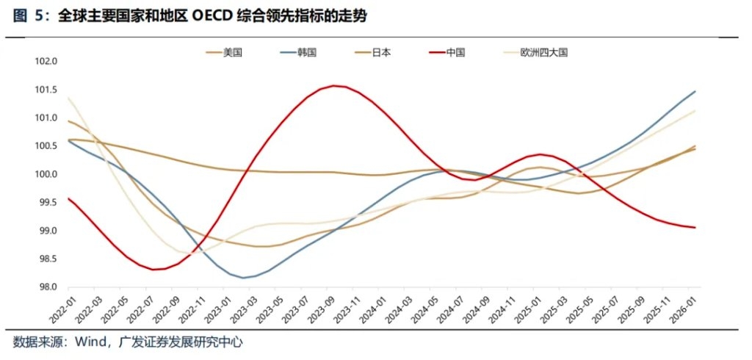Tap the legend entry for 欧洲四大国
(544, 52)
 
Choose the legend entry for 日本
(381, 52)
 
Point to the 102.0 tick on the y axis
(46, 62)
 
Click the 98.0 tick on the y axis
(46, 287)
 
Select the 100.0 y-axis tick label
(46, 175)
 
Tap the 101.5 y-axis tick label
(46, 90)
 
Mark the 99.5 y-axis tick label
(46, 203)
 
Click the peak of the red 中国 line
(334, 86)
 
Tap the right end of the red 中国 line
(695, 228)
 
